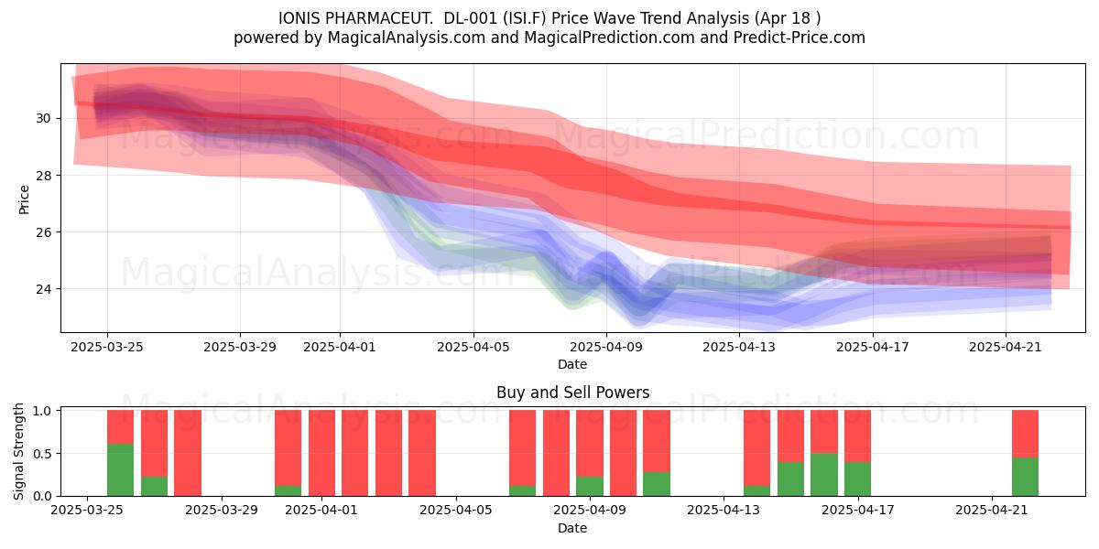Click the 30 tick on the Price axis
click(x=43, y=119)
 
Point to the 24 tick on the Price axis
click(x=43, y=289)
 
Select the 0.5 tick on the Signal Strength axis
click(x=42, y=454)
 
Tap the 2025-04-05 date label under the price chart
click(x=473, y=348)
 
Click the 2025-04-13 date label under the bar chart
click(x=724, y=511)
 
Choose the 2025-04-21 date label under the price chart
click(x=1006, y=348)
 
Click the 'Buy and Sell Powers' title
click(x=572, y=393)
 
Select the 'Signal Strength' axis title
click(x=18, y=451)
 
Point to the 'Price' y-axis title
click(x=24, y=200)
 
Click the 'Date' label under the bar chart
click(x=572, y=529)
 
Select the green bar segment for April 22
click(x=1025, y=477)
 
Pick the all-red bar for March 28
click(x=188, y=453)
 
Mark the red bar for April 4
click(x=422, y=453)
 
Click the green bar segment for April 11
click(x=657, y=484)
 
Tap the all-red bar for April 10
click(x=623, y=453)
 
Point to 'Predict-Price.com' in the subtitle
click(x=800, y=38)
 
